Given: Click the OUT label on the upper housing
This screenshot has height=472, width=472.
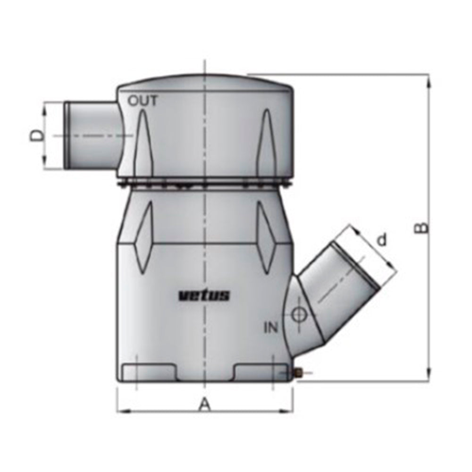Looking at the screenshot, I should click(x=143, y=101).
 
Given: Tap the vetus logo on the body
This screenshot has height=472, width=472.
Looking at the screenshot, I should click(x=204, y=296).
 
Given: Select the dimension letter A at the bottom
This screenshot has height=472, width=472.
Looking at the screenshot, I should click(x=204, y=405).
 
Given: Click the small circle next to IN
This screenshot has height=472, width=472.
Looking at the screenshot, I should click(x=298, y=315).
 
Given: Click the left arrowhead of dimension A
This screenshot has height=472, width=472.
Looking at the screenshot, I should click(x=121, y=410).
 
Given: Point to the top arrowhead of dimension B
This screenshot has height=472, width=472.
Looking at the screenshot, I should click(x=428, y=80).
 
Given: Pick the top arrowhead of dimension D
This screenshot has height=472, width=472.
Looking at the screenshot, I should click(x=46, y=108).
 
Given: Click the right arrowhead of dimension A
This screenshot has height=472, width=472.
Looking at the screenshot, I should click(x=289, y=410).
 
